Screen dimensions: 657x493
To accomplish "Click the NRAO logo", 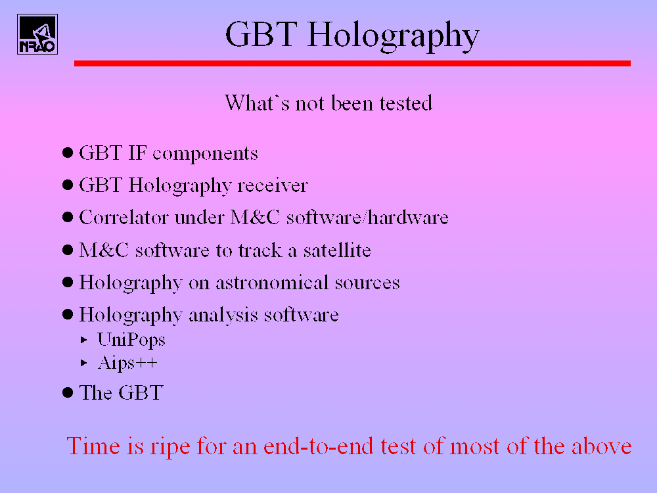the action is tap(37, 34).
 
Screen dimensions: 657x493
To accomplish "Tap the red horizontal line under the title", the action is tap(352, 63).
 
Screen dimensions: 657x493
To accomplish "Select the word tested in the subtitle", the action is tap(405, 103).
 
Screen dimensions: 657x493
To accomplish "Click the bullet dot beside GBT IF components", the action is tap(68, 153).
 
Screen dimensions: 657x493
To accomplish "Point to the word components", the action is tap(205, 154).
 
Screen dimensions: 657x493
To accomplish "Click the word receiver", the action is tap(273, 185).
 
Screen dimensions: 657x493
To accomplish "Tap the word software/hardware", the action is tap(367, 218).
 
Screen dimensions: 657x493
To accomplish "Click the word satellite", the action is tap(337, 250).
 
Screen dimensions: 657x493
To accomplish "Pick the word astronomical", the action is tap(272, 283).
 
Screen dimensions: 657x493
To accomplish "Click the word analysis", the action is tap(223, 316).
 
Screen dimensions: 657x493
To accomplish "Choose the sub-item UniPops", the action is tap(131, 340).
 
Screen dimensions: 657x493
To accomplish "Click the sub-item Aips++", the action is tap(127, 363).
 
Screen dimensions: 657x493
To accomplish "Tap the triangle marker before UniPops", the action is tap(84, 340).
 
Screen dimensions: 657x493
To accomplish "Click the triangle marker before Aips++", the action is tap(84, 363).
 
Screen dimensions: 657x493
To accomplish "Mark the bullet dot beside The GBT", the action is tap(68, 393).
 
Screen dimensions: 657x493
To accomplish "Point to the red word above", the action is tap(602, 446).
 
